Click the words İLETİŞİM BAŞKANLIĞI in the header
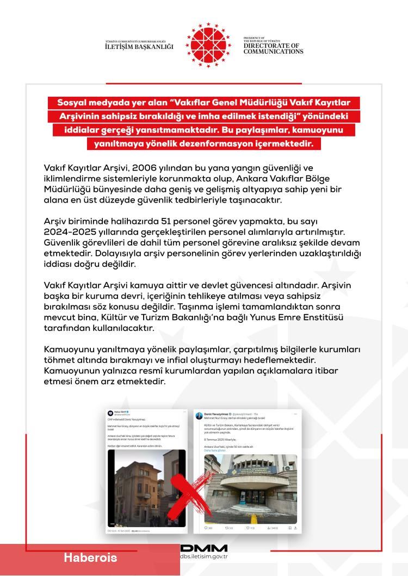pos(139,47)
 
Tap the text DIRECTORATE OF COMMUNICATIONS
pos(273,49)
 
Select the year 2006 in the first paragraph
pos(158,167)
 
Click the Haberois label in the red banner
pos(90,558)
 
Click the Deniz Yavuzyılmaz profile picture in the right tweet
pos(199,415)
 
